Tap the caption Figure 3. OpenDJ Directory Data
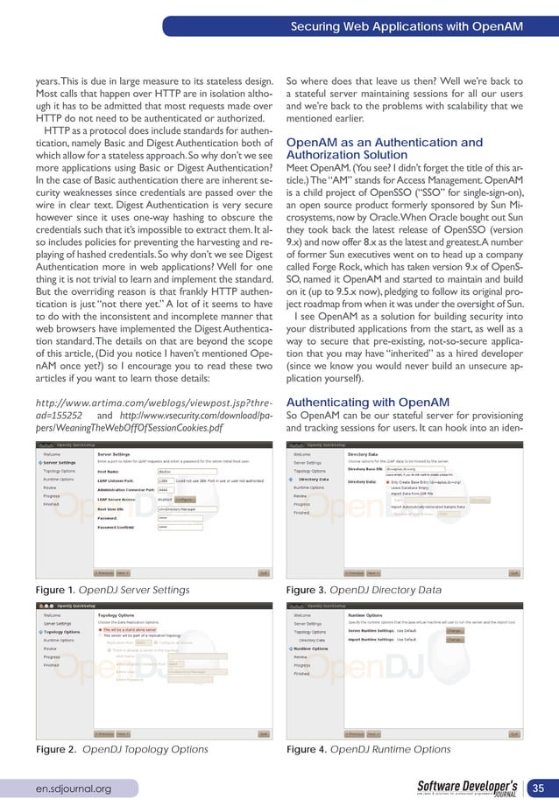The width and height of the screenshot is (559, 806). pyautogui.click(x=364, y=591)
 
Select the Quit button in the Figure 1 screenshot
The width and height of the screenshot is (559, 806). pyautogui.click(x=262, y=573)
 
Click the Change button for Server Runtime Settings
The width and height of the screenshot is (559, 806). pyautogui.click(x=454, y=629)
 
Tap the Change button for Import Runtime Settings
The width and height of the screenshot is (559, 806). pyautogui.click(x=454, y=639)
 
